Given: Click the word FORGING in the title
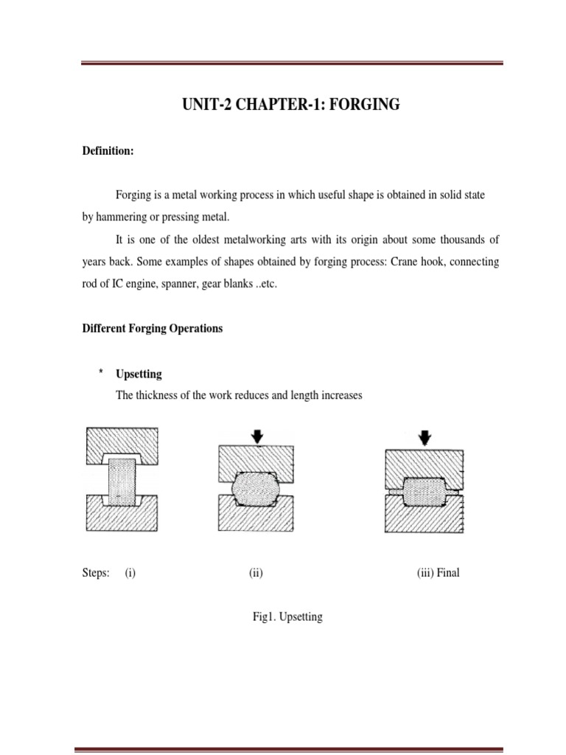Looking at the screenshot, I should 364,105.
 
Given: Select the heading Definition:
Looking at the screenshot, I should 108,151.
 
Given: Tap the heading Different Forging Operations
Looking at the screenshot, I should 152,329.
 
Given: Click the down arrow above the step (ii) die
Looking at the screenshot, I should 256,437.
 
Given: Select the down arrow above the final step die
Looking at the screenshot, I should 425,437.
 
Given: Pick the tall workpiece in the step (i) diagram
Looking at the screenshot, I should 123,481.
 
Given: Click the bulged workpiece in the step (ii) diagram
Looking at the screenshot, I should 256,487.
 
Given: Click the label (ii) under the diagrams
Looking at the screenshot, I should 256,573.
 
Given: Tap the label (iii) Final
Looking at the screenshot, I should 438,573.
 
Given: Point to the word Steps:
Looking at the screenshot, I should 96,573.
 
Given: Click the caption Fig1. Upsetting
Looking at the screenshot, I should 287,617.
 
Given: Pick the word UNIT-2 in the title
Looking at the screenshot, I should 206,105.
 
